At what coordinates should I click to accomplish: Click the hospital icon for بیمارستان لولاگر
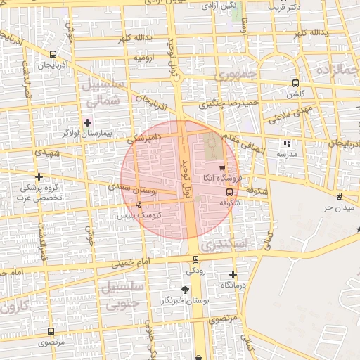click(x=87, y=122)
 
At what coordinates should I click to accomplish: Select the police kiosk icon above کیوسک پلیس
click(x=139, y=205)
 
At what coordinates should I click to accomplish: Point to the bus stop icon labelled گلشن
click(x=295, y=82)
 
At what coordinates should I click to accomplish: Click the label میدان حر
click(x=336, y=208)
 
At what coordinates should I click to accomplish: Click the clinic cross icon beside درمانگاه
click(x=233, y=274)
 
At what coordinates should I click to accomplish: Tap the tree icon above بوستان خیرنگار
click(x=185, y=289)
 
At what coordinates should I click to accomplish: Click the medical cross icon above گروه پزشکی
click(x=39, y=176)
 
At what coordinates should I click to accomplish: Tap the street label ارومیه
click(x=144, y=56)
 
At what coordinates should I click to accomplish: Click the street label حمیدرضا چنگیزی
click(x=229, y=104)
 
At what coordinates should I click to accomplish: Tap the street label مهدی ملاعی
click(x=289, y=112)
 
